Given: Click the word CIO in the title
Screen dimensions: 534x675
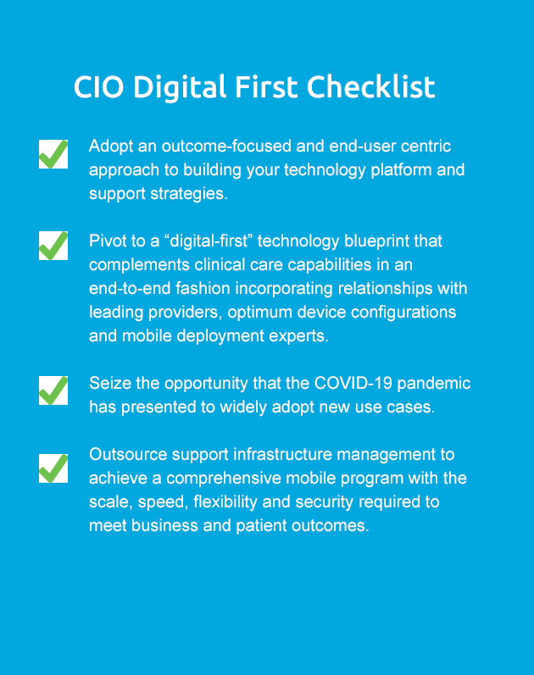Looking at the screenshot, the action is coord(98,87).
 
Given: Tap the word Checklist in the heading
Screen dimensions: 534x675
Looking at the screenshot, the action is coord(370,86).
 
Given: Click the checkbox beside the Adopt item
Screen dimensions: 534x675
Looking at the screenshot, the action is coord(53,153).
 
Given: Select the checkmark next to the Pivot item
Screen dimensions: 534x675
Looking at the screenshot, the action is coord(53,246).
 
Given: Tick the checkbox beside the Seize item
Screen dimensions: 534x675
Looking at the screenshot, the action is coord(53,390).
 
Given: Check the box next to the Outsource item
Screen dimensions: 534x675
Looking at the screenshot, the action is coord(53,468).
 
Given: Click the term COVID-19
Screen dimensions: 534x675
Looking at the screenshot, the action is coord(353,383).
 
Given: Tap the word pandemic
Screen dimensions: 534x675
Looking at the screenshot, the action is coord(434,384).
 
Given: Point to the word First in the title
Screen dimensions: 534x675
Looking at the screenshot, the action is coord(266,86).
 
